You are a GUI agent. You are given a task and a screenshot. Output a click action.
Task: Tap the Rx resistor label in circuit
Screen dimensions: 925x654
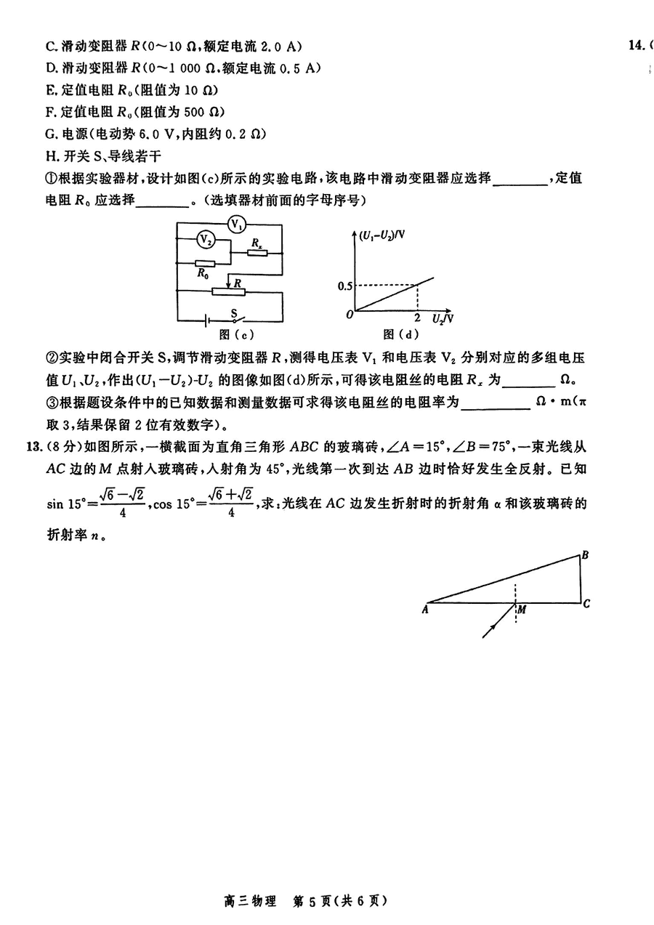pyautogui.click(x=257, y=242)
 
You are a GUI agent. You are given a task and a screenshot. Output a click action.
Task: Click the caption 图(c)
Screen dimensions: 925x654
pyautogui.click(x=229, y=334)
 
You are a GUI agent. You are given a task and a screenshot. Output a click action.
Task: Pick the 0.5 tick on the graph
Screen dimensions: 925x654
pyautogui.click(x=344, y=286)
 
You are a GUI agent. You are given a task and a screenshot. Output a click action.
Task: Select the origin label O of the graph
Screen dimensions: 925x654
pyautogui.click(x=350, y=314)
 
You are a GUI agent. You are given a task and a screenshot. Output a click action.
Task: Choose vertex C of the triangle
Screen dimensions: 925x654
pyautogui.click(x=586, y=604)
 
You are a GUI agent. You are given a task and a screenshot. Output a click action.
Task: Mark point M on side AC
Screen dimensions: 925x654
pyautogui.click(x=522, y=610)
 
